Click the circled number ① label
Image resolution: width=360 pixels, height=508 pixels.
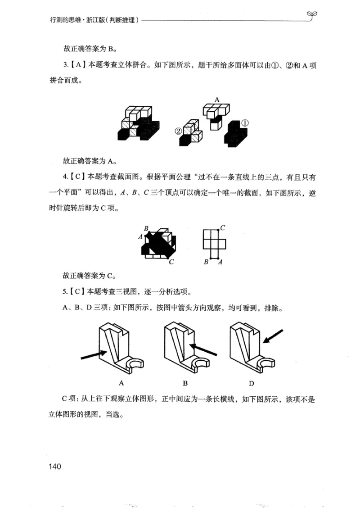point(245,122)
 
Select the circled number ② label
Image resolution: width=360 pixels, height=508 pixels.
point(178,131)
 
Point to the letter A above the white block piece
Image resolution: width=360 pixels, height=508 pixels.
point(216,100)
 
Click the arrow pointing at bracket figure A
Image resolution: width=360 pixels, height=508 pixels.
point(94,354)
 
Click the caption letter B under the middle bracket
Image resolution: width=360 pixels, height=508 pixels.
point(185,383)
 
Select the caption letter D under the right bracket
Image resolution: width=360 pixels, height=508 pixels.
point(252,383)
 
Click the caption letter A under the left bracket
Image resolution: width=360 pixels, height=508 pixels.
point(121,383)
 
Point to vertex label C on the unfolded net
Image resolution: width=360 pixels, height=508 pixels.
point(223,228)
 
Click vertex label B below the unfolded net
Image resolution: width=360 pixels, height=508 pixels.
point(206,262)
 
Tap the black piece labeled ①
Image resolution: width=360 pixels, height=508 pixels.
point(237,132)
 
